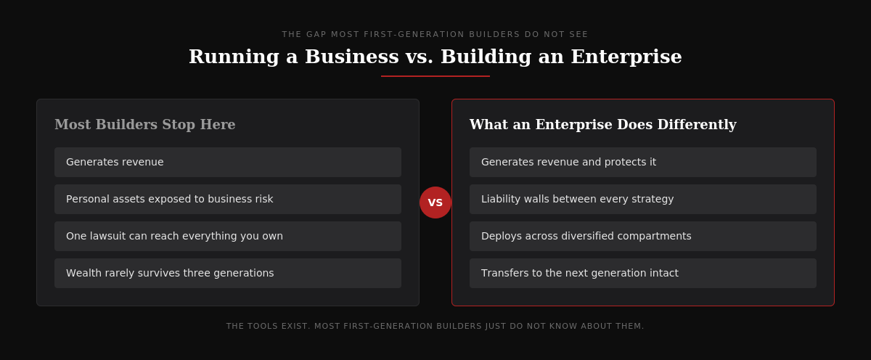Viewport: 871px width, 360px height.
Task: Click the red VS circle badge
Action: coord(435,202)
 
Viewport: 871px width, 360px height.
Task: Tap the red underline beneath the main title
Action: coord(435,76)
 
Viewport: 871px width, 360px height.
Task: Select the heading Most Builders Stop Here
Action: coord(144,124)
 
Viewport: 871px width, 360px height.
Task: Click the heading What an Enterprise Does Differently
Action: coord(602,124)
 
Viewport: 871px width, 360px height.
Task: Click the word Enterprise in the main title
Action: coord(626,57)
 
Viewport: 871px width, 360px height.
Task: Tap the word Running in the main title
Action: coord(234,57)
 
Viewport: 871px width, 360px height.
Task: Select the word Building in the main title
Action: coord(486,57)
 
